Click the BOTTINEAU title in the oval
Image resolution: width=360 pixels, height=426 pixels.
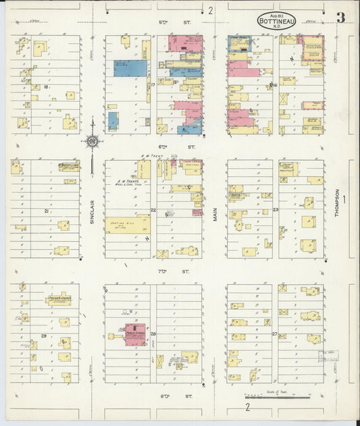pos(276,22)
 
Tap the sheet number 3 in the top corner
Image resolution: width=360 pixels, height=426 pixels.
pos(341,18)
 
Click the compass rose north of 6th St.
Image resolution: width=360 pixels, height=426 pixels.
pos(93,141)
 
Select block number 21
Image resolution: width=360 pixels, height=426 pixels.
pos(46,211)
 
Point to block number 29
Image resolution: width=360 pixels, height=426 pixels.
pos(44,336)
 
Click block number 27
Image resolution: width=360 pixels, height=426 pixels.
pos(274,334)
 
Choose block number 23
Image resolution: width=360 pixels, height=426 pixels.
pos(276,211)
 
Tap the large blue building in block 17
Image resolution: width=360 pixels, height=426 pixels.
pos(130,68)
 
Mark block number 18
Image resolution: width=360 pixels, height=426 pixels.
pos(45,87)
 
